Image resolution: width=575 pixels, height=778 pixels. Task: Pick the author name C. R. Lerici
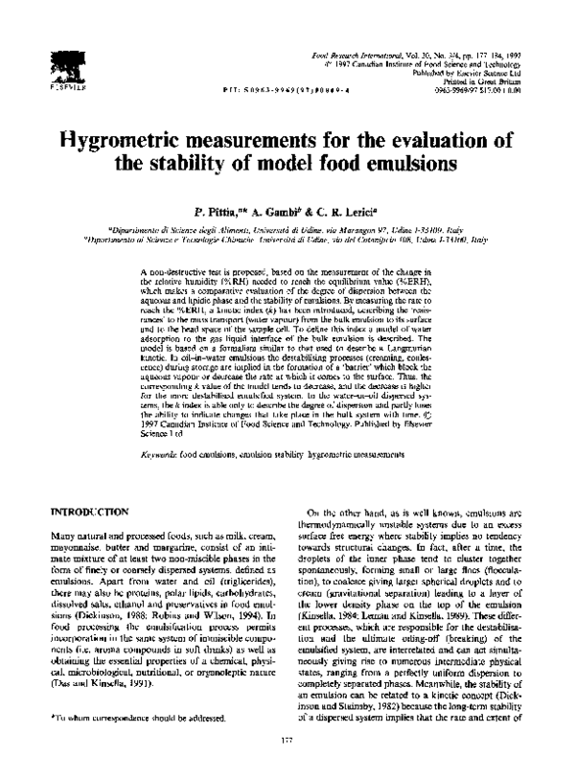point(350,210)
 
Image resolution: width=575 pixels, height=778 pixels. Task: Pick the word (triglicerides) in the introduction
point(230,583)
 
